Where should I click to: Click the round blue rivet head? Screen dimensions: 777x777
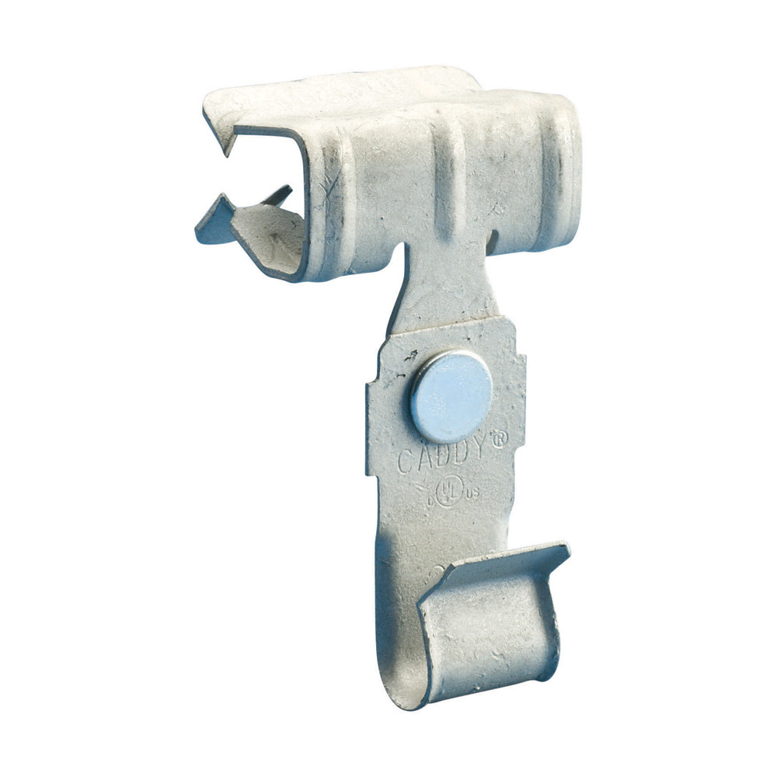pyautogui.click(x=451, y=395)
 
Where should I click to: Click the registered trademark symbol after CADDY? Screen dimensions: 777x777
pyautogui.click(x=500, y=439)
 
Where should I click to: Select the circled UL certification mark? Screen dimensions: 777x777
pyautogui.click(x=446, y=490)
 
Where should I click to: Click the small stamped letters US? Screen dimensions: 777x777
pyautogui.click(x=469, y=491)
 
